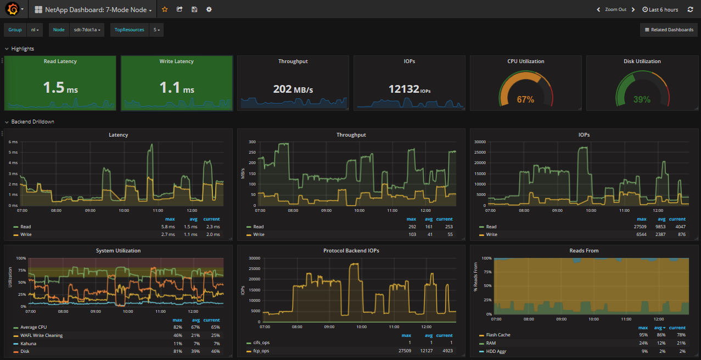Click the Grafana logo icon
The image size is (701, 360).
tap(10, 9)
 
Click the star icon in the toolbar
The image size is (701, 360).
tap(165, 9)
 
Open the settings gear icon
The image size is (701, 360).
tap(209, 9)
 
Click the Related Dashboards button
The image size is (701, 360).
tap(669, 30)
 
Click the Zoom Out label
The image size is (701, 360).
tap(615, 9)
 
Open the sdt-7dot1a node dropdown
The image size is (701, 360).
tap(87, 30)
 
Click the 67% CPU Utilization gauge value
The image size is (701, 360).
tap(525, 99)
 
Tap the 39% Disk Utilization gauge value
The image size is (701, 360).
tap(642, 99)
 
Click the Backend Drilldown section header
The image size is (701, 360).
tap(32, 121)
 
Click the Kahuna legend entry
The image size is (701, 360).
tap(28, 343)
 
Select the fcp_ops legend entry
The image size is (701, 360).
tap(261, 350)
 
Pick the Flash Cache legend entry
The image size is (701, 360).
tap(498, 335)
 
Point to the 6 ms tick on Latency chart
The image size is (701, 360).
tap(13, 142)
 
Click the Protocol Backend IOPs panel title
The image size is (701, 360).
tap(351, 250)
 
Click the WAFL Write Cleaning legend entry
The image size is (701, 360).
tap(41, 335)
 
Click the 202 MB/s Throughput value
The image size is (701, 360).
tap(293, 89)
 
